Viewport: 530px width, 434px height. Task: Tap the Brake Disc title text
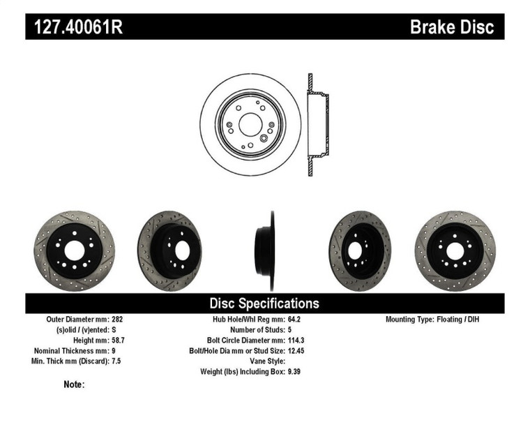[451, 27]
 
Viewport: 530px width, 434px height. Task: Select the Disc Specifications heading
[264, 303]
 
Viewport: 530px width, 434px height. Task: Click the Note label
[74, 384]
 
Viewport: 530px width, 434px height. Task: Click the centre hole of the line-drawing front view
[250, 125]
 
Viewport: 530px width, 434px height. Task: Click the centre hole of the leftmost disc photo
[74, 250]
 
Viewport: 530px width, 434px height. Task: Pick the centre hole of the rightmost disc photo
[455, 250]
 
